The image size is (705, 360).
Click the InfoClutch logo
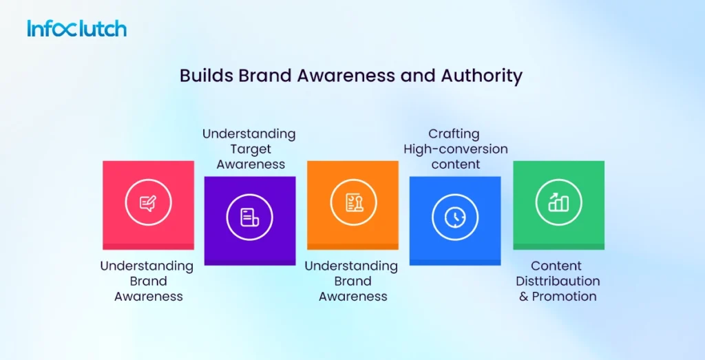(x=76, y=29)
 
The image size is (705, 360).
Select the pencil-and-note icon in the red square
(x=148, y=203)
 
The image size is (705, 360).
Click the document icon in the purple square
(x=249, y=218)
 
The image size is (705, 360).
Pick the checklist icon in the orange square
(x=352, y=203)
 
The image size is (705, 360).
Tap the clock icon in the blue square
(x=454, y=218)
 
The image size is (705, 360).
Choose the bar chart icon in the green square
(x=558, y=203)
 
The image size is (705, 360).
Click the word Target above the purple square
(x=249, y=149)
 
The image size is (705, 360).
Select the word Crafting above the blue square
(x=454, y=134)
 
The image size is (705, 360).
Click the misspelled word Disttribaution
(x=558, y=281)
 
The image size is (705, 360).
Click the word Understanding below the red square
(x=147, y=266)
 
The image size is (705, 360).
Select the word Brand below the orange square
(x=352, y=281)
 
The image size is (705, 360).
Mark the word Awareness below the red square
(x=148, y=296)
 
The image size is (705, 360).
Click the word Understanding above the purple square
(x=249, y=134)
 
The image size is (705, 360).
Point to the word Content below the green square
(x=556, y=266)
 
